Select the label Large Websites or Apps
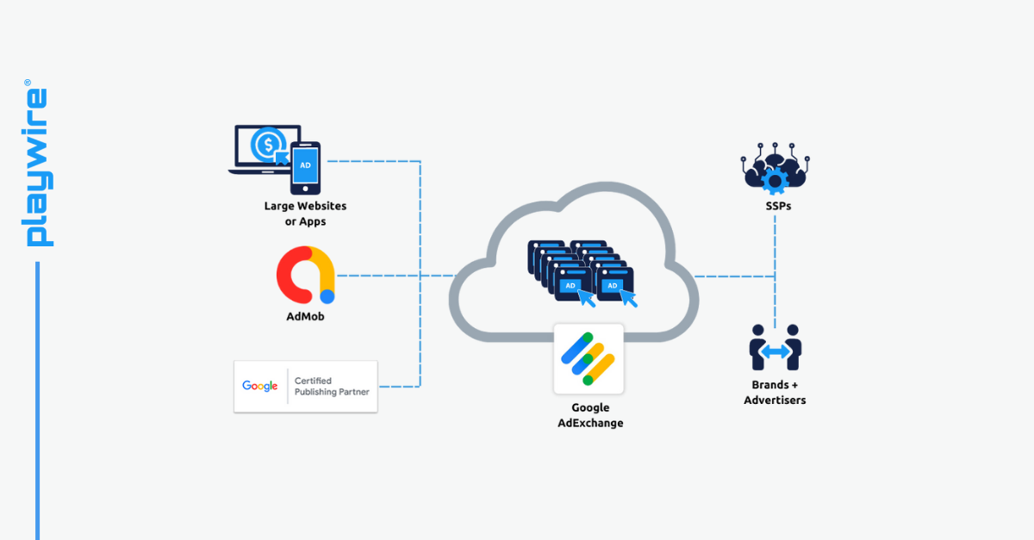[x=305, y=214]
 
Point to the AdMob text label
[x=305, y=316]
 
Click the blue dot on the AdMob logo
[x=327, y=296]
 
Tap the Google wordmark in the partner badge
[x=260, y=386]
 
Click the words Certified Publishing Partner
[x=332, y=386]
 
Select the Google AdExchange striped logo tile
[x=589, y=358]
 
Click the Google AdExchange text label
[x=589, y=415]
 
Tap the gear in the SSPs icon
[x=775, y=179]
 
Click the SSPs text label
[x=775, y=207]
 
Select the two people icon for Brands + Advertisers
[x=775, y=347]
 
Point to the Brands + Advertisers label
[x=775, y=393]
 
